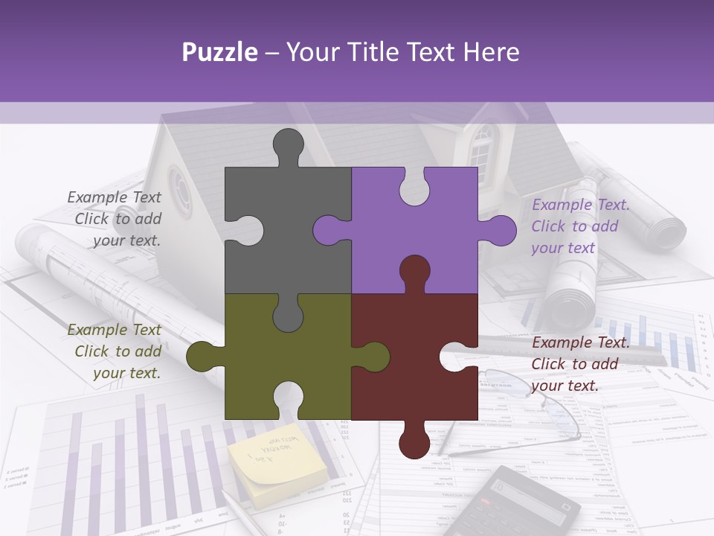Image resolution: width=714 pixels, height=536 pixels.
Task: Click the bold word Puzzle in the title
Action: tap(220, 52)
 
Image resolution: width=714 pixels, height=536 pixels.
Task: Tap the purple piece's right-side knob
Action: tap(498, 230)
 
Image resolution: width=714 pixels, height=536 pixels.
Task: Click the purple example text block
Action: tap(578, 226)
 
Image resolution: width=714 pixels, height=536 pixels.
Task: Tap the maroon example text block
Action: tap(578, 364)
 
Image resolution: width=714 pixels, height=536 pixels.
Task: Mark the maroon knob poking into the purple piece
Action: tap(414, 272)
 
